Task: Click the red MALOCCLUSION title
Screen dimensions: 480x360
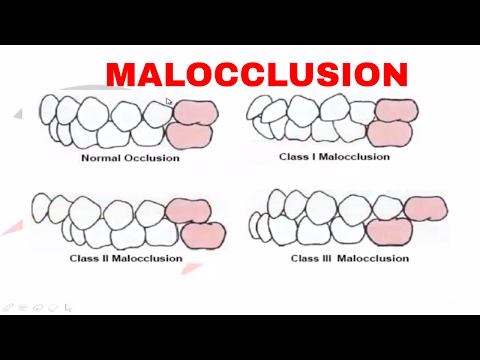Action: [x=257, y=74]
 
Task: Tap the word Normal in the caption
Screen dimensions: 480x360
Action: [x=102, y=157]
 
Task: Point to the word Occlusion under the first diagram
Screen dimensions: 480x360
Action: [x=152, y=157]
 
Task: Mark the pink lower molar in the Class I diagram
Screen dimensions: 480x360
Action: [x=389, y=133]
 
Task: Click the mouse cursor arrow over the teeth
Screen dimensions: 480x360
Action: [x=169, y=101]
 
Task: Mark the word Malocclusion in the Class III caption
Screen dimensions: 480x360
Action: [x=374, y=258]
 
